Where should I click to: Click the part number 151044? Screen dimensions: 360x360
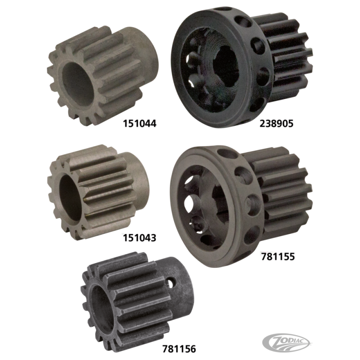139,123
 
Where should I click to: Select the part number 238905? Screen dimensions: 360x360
276,123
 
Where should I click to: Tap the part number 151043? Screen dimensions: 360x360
139,238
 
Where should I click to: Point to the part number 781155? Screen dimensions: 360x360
278,256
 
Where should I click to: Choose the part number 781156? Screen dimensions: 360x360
179,349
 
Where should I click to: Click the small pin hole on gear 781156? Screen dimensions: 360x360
171,283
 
